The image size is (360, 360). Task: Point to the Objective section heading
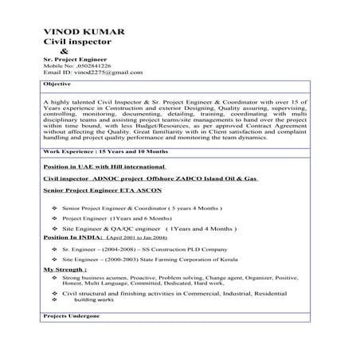(57, 84)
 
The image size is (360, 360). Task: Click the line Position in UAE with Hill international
(104, 167)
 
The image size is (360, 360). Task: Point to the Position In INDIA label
(72, 237)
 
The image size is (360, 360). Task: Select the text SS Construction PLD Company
(179, 249)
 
